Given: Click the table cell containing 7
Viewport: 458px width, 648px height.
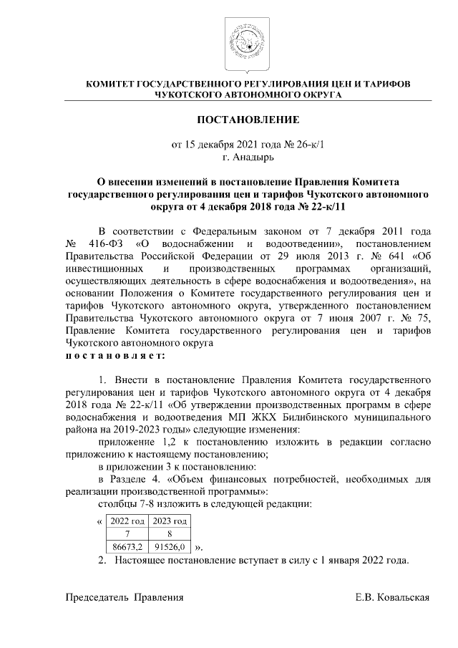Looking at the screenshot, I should pos(126,533).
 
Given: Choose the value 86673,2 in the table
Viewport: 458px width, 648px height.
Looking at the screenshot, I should pos(126,547).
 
